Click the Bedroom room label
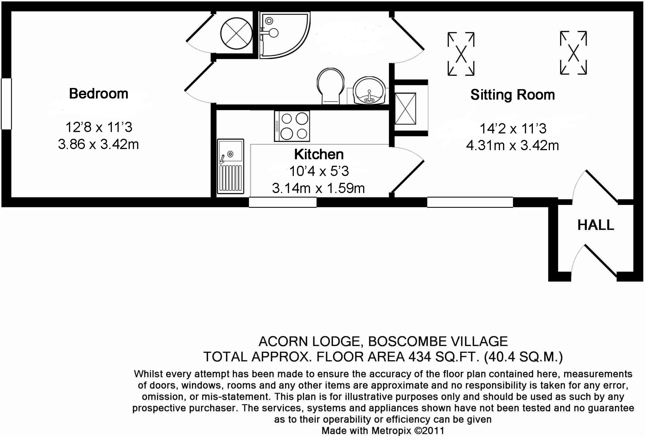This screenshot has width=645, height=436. (99, 93)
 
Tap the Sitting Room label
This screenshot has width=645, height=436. (512, 95)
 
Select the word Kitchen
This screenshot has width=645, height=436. (319, 154)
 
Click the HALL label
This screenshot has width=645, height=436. (596, 225)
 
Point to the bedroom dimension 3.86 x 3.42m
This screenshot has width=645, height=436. (98, 144)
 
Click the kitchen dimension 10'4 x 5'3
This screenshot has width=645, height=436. (319, 171)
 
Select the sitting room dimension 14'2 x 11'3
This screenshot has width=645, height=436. (513, 128)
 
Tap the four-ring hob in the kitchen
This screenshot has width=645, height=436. (292, 126)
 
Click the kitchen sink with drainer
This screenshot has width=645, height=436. (231, 166)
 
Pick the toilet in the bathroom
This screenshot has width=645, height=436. (330, 85)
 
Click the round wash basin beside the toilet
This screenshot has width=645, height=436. (369, 90)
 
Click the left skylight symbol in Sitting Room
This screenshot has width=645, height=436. (461, 54)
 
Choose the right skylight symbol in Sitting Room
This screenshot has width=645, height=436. (573, 53)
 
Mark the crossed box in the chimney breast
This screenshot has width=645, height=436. (405, 108)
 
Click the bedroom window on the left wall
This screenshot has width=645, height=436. (6, 104)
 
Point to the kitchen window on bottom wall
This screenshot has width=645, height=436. (283, 202)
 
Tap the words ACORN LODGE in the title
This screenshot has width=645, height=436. (309, 341)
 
